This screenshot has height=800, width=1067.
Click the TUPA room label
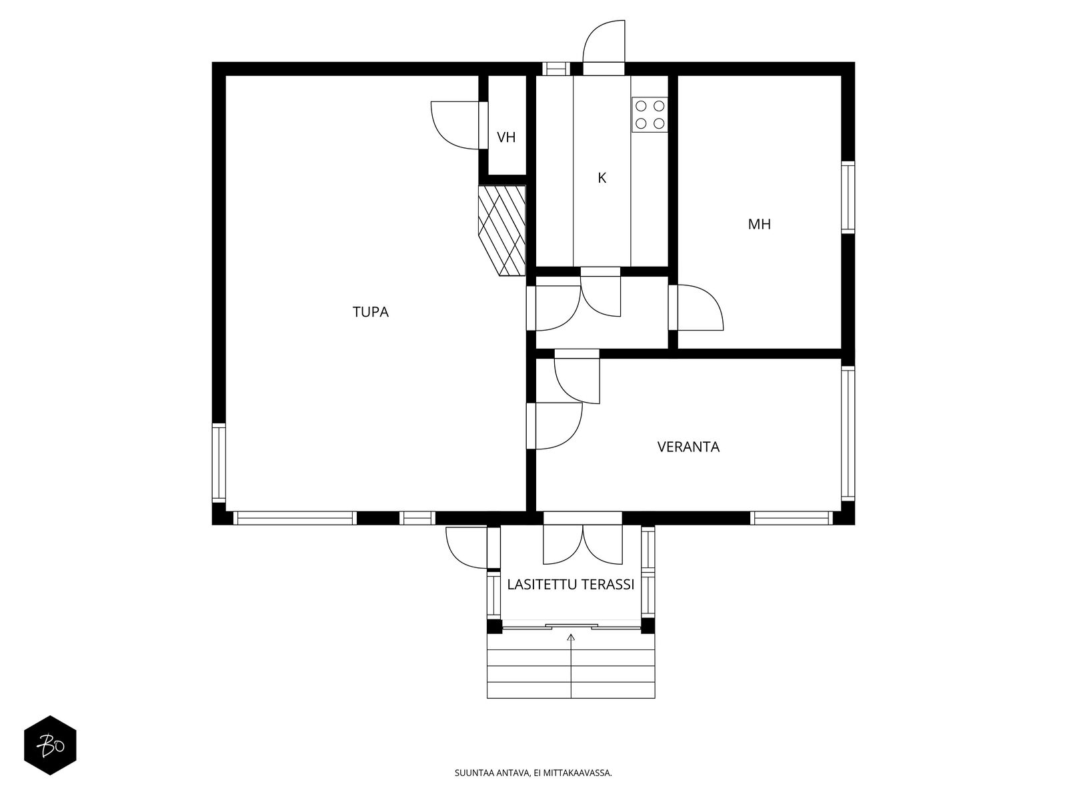click(x=370, y=312)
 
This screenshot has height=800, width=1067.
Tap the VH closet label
click(x=506, y=137)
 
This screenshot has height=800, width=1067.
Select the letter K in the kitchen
click(x=602, y=178)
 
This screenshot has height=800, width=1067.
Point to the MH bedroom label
click(x=760, y=224)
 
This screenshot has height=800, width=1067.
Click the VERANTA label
click(x=688, y=447)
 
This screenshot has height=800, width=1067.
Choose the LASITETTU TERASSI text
click(x=571, y=585)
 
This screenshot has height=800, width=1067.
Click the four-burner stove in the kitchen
click(x=650, y=115)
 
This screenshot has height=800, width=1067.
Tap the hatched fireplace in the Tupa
click(x=502, y=231)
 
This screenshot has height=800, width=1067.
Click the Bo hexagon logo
click(x=50, y=745)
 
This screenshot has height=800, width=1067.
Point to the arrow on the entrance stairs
click(x=571, y=665)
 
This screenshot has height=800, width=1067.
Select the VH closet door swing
click(x=459, y=125)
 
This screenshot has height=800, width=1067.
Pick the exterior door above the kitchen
click(x=604, y=47)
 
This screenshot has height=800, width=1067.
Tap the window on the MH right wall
click(x=848, y=197)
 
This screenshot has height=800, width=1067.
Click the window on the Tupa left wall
click(x=219, y=463)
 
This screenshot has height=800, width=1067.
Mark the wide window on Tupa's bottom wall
click(x=295, y=518)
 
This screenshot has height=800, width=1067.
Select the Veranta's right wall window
click(x=848, y=433)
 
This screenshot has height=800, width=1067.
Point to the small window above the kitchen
click(x=556, y=69)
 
